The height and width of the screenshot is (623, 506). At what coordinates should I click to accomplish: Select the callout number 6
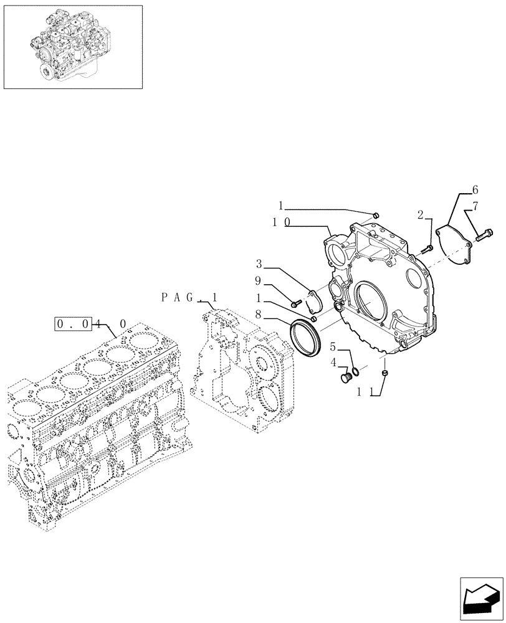[x=475, y=189]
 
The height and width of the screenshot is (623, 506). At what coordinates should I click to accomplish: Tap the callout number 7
[x=475, y=205]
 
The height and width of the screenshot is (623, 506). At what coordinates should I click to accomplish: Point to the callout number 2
[x=421, y=215]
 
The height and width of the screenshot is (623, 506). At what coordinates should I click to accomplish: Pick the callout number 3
[x=259, y=264]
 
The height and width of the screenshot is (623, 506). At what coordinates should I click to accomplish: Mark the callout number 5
[x=333, y=346]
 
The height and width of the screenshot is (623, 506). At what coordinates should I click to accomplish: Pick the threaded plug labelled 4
[x=346, y=378]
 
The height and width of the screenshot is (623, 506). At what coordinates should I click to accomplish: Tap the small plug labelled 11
[x=385, y=373]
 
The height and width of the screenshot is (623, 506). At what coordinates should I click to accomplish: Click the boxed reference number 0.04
[x=74, y=323]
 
